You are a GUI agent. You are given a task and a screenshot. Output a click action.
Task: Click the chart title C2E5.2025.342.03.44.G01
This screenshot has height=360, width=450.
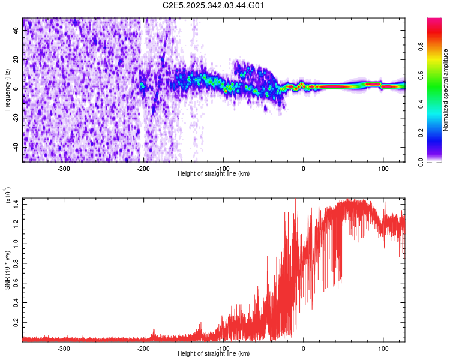214,5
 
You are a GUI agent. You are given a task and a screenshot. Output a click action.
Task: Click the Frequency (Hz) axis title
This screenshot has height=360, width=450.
7,89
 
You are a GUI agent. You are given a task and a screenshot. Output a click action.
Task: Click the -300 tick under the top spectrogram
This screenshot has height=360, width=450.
64,168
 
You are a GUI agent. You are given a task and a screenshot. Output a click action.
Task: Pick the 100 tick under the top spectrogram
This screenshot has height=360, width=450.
382,168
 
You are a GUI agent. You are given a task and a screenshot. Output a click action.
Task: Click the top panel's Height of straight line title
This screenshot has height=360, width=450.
214,173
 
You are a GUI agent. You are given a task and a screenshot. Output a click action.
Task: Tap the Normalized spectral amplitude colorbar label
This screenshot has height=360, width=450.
445,90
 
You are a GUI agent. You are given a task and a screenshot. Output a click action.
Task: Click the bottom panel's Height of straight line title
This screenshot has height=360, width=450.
214,353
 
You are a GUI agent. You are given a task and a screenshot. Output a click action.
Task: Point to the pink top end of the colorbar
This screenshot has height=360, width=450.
435,22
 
